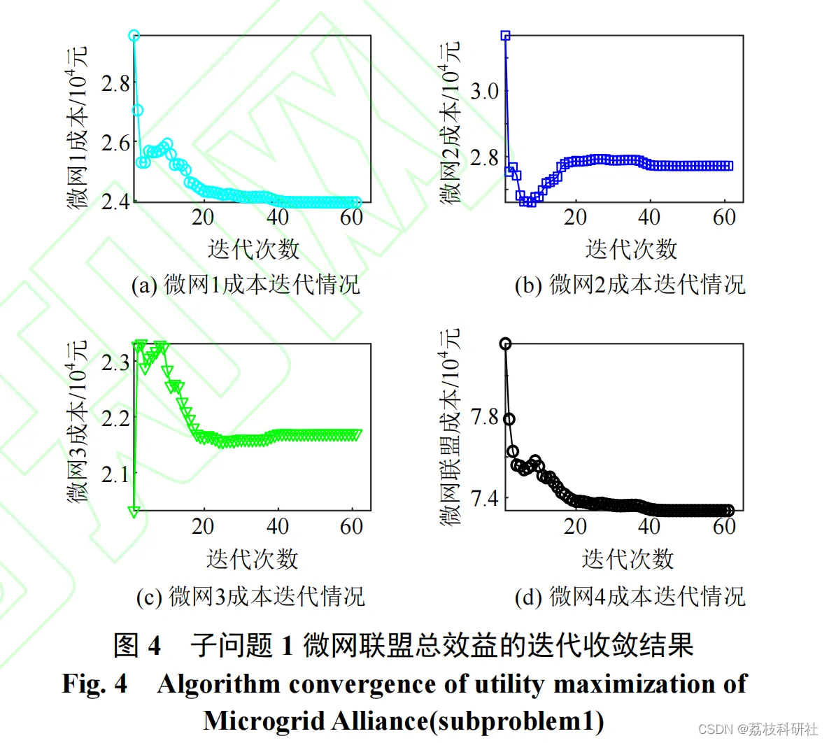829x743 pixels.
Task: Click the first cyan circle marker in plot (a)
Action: point(134,36)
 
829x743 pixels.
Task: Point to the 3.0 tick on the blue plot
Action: point(485,91)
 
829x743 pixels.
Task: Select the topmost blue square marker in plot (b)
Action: point(505,35)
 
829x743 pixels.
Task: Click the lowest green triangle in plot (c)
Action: point(134,512)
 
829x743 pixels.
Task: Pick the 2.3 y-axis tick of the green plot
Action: point(115,362)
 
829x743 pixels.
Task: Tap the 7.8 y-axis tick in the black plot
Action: point(485,418)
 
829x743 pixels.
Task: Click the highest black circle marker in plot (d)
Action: point(505,344)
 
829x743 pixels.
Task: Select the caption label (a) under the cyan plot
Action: point(144,285)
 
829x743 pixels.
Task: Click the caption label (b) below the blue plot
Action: point(529,285)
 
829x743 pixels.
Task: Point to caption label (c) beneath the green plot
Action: point(149,597)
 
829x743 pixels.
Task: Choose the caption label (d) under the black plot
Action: point(529,597)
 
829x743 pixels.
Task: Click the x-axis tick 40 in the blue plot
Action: point(649,218)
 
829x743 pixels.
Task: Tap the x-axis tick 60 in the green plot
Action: point(351,526)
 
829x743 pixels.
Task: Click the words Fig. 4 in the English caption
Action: point(94,684)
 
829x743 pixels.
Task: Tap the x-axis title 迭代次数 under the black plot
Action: point(628,558)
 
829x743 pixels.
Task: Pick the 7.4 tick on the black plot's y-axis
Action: point(485,499)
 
